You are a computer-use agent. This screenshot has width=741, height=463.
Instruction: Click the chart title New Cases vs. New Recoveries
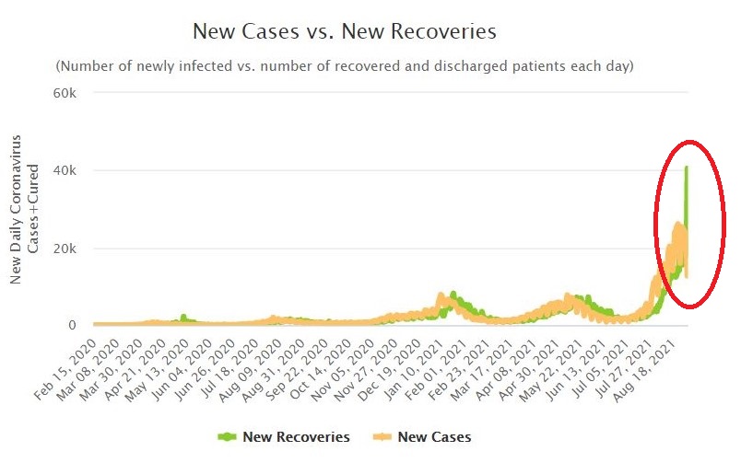click(344, 31)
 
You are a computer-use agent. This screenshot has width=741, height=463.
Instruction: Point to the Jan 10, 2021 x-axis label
click(416, 359)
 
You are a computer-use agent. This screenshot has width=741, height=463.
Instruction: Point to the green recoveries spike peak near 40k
click(686, 168)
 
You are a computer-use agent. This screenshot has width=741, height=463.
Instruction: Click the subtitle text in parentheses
click(344, 66)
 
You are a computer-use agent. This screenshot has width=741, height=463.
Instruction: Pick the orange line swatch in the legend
click(380, 437)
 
